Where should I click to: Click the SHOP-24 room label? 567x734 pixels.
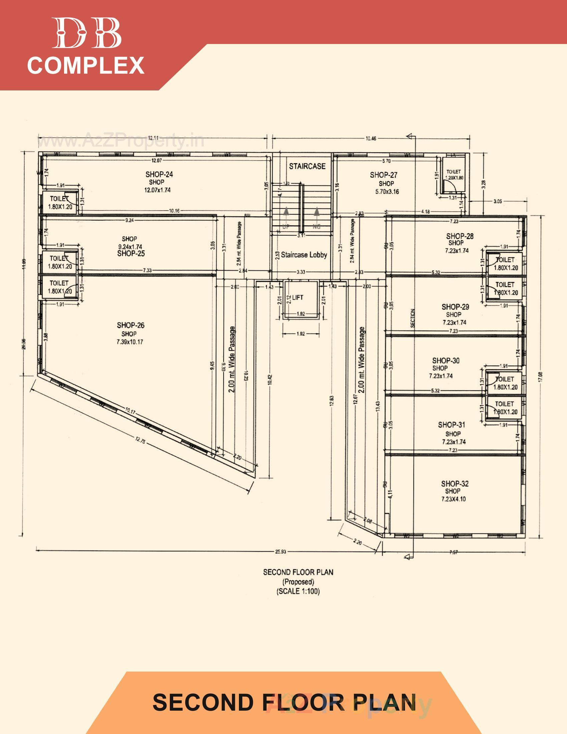(x=159, y=174)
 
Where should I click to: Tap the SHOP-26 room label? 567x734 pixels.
(x=131, y=325)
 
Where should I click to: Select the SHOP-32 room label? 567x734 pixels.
(x=455, y=484)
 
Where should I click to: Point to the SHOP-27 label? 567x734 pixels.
(x=383, y=175)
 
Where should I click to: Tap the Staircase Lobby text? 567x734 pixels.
(x=304, y=255)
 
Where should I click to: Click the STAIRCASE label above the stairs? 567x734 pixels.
(x=307, y=166)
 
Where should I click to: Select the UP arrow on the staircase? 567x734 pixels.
(x=286, y=213)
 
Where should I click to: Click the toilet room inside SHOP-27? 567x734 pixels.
(x=454, y=181)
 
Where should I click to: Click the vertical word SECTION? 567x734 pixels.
(x=413, y=318)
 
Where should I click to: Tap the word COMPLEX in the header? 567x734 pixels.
(x=86, y=65)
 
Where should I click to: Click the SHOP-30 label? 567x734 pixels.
(x=446, y=361)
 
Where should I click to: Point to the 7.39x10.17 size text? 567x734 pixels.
(x=129, y=342)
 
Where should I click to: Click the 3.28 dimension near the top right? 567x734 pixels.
(x=483, y=185)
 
